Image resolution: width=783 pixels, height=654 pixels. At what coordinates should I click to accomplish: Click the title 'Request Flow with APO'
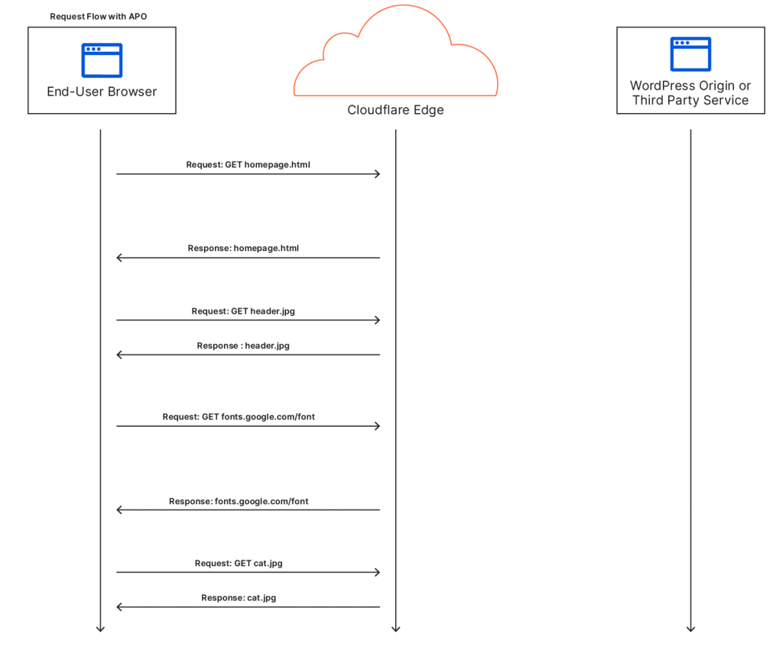pyautogui.click(x=98, y=16)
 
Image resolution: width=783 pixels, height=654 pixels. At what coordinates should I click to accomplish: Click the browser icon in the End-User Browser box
pyautogui.click(x=102, y=60)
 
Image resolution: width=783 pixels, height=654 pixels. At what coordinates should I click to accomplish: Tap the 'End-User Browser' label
pyautogui.click(x=102, y=92)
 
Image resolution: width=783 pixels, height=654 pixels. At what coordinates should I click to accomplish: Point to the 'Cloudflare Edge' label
pyautogui.click(x=395, y=110)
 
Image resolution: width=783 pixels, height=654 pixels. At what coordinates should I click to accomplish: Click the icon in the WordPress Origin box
pyautogui.click(x=690, y=54)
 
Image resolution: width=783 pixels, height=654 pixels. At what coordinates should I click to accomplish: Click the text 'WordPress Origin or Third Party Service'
pyautogui.click(x=690, y=93)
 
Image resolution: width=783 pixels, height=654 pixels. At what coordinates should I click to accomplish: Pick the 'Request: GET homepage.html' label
pyautogui.click(x=248, y=164)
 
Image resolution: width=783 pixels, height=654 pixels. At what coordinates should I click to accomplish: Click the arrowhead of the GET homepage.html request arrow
pyautogui.click(x=377, y=174)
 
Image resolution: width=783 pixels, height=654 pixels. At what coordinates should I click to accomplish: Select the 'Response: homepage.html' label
pyautogui.click(x=243, y=248)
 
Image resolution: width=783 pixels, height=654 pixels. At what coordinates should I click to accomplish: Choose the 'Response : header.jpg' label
pyautogui.click(x=243, y=346)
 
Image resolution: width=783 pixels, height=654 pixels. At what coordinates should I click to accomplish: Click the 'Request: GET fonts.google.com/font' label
pyautogui.click(x=239, y=417)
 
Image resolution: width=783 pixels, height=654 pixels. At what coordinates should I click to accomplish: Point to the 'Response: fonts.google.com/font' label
pyautogui.click(x=239, y=502)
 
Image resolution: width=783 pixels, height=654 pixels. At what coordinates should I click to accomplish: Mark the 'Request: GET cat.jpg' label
pyautogui.click(x=239, y=563)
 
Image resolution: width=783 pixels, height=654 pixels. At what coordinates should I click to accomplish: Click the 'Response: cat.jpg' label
pyautogui.click(x=239, y=597)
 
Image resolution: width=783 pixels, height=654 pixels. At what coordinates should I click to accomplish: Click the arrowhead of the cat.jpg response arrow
pyautogui.click(x=119, y=607)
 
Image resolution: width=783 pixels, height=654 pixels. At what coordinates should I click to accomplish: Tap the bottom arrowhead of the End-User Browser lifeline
pyautogui.click(x=100, y=629)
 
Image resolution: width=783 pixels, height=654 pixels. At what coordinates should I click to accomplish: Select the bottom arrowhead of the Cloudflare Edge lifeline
pyautogui.click(x=395, y=629)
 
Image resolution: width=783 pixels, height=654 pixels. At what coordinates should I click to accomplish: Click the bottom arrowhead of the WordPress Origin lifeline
pyautogui.click(x=690, y=629)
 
